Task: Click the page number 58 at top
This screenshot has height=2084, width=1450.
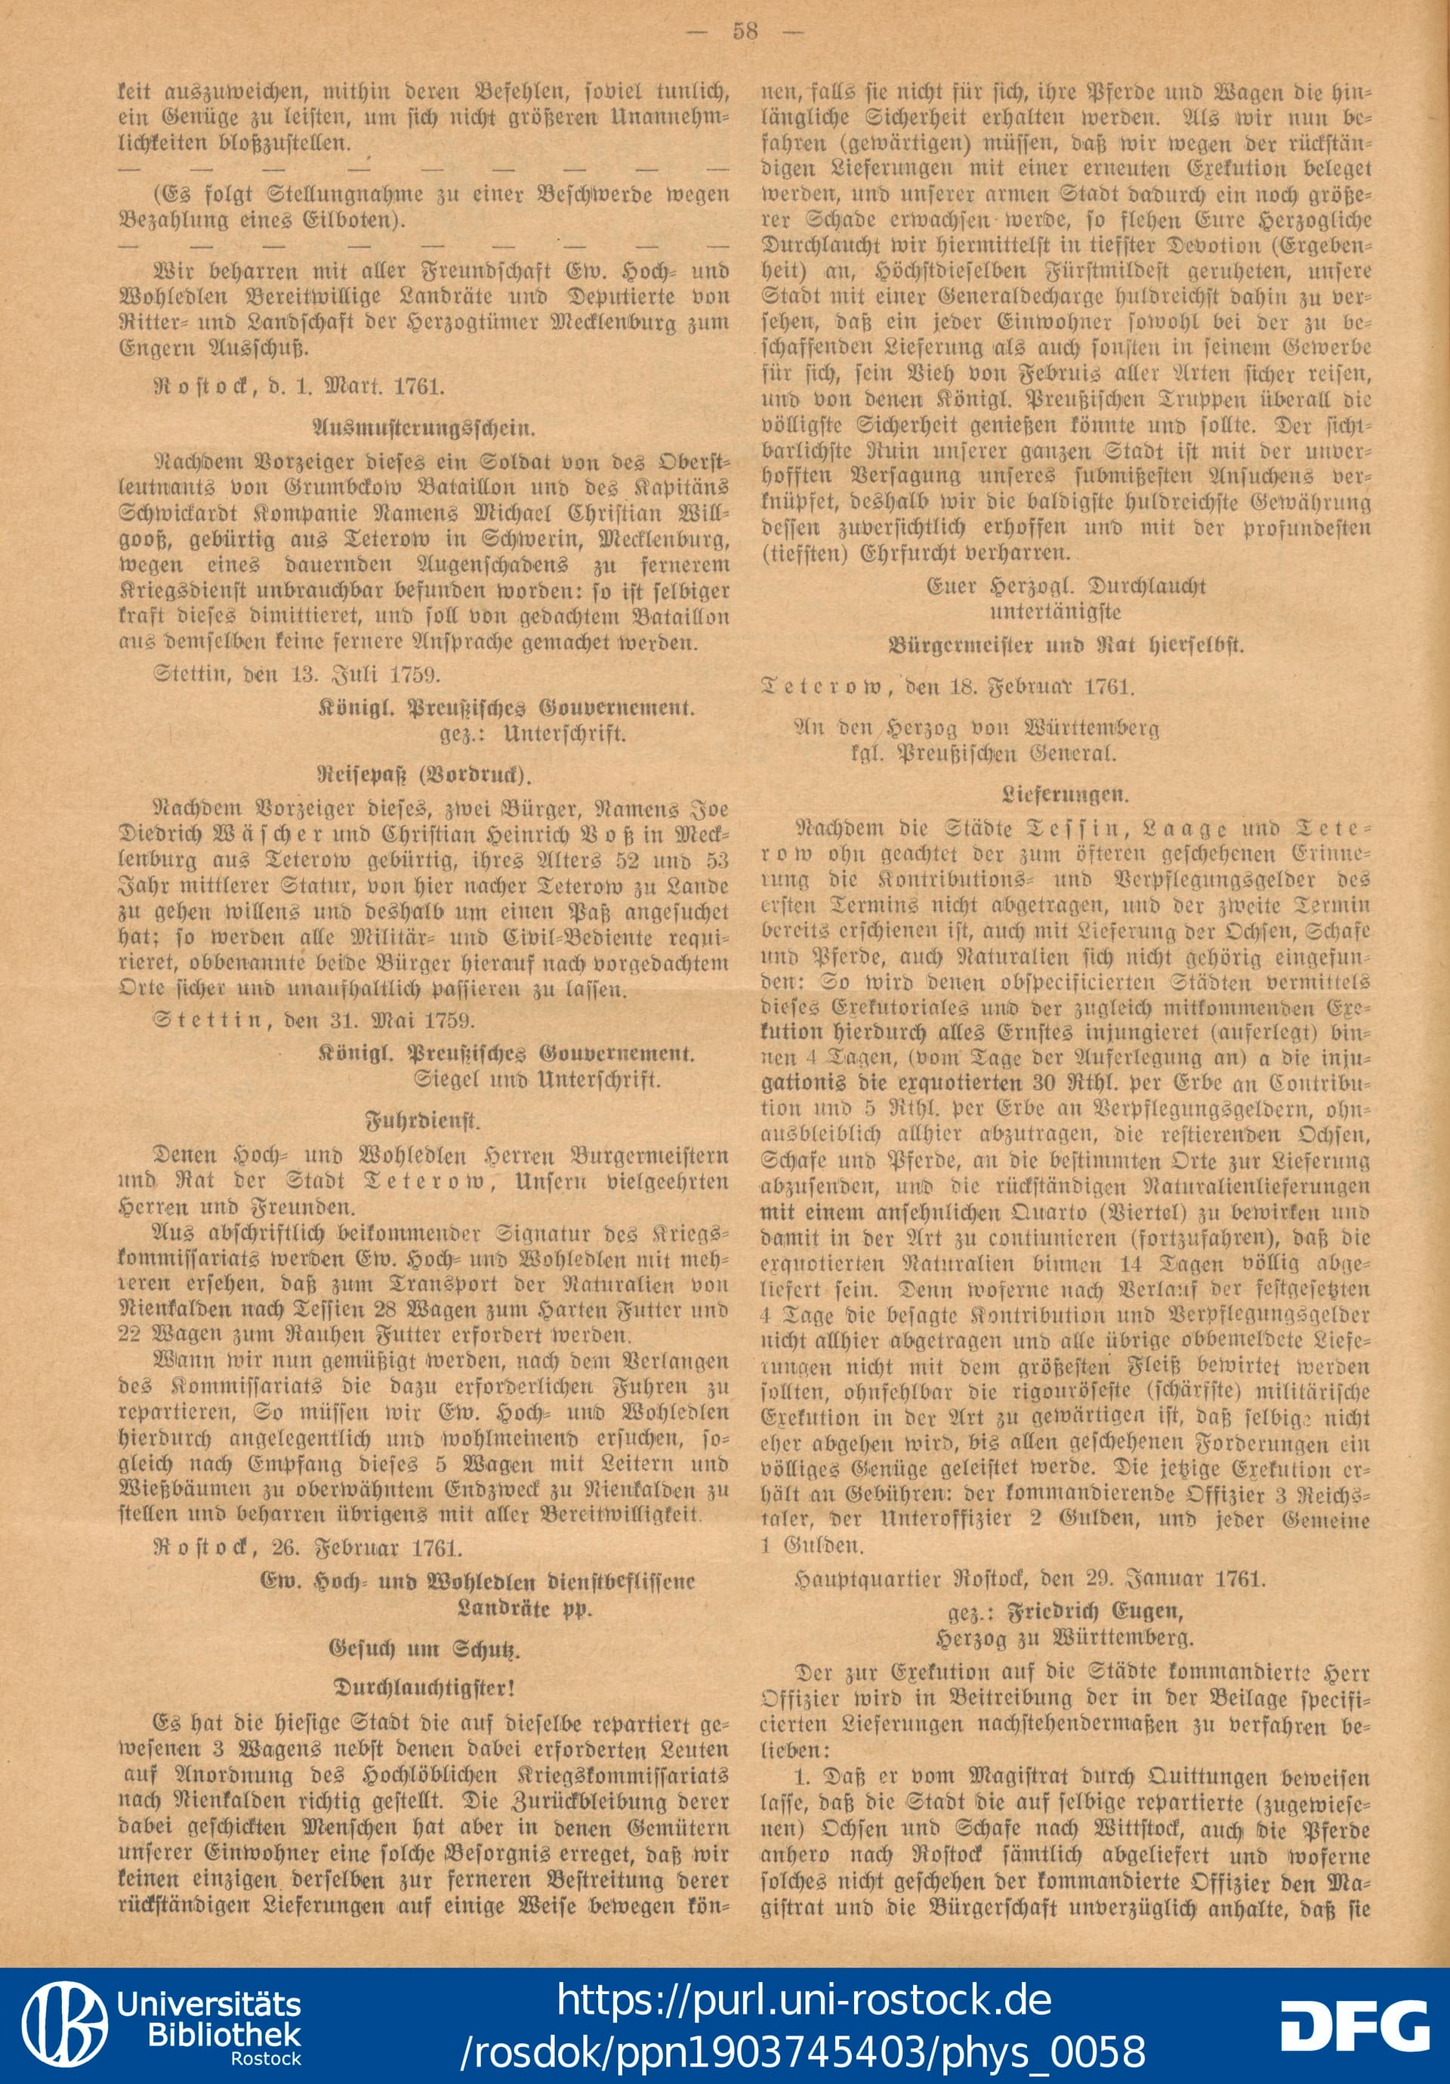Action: [x=745, y=31]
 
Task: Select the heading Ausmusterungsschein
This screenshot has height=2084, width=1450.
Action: [x=424, y=427]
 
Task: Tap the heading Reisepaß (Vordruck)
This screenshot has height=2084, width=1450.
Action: [x=424, y=774]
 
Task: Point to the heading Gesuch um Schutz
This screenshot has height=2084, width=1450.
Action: [x=424, y=1648]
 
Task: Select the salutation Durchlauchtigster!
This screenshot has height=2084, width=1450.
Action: [x=424, y=1687]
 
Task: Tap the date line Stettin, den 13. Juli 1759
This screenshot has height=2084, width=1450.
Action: [x=298, y=675]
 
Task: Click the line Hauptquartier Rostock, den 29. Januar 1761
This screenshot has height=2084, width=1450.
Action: [x=1028, y=1579]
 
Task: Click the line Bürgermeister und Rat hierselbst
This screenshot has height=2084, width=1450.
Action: [x=1066, y=645]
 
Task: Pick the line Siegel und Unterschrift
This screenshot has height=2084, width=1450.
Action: [x=537, y=1080]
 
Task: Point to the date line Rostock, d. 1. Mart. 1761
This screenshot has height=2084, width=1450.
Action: [x=299, y=386]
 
